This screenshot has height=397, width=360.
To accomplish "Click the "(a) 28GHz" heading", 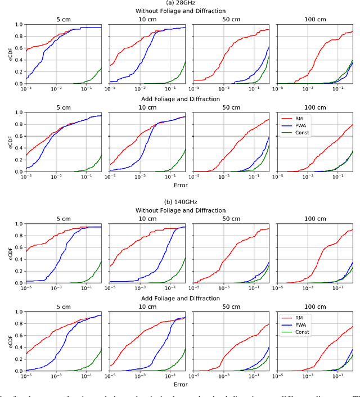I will [180, 3].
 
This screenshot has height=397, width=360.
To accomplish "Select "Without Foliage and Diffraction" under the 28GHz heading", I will [180, 11].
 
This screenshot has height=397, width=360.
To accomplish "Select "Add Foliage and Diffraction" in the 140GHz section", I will [180, 298].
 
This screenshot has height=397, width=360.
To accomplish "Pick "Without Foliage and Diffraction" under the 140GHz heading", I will [180, 210].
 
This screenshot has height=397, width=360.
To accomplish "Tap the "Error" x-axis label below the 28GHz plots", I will [180, 184].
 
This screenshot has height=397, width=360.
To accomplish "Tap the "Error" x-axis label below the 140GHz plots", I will [180, 384].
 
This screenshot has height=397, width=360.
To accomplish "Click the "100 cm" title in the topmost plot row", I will [318, 18].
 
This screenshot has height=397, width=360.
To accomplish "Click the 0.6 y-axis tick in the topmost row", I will [18, 48].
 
